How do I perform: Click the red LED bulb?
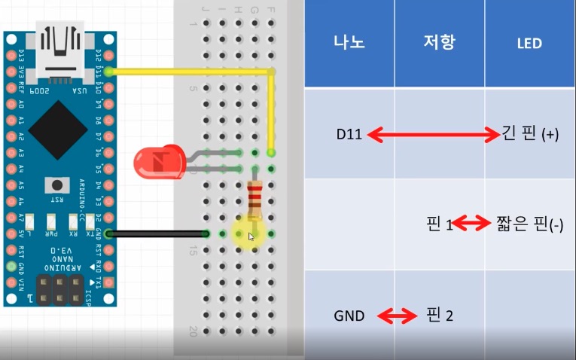157,162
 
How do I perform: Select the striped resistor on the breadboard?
256,197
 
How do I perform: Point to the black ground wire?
158,234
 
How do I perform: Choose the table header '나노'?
349,44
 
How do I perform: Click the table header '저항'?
440,44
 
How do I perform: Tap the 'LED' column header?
529,44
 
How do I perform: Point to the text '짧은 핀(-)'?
530,224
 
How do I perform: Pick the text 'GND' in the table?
349,316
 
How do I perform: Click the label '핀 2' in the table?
440,316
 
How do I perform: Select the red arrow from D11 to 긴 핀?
433,136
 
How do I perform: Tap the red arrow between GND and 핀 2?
397,316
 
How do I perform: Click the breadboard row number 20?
194,331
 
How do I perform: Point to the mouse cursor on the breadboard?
251,236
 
